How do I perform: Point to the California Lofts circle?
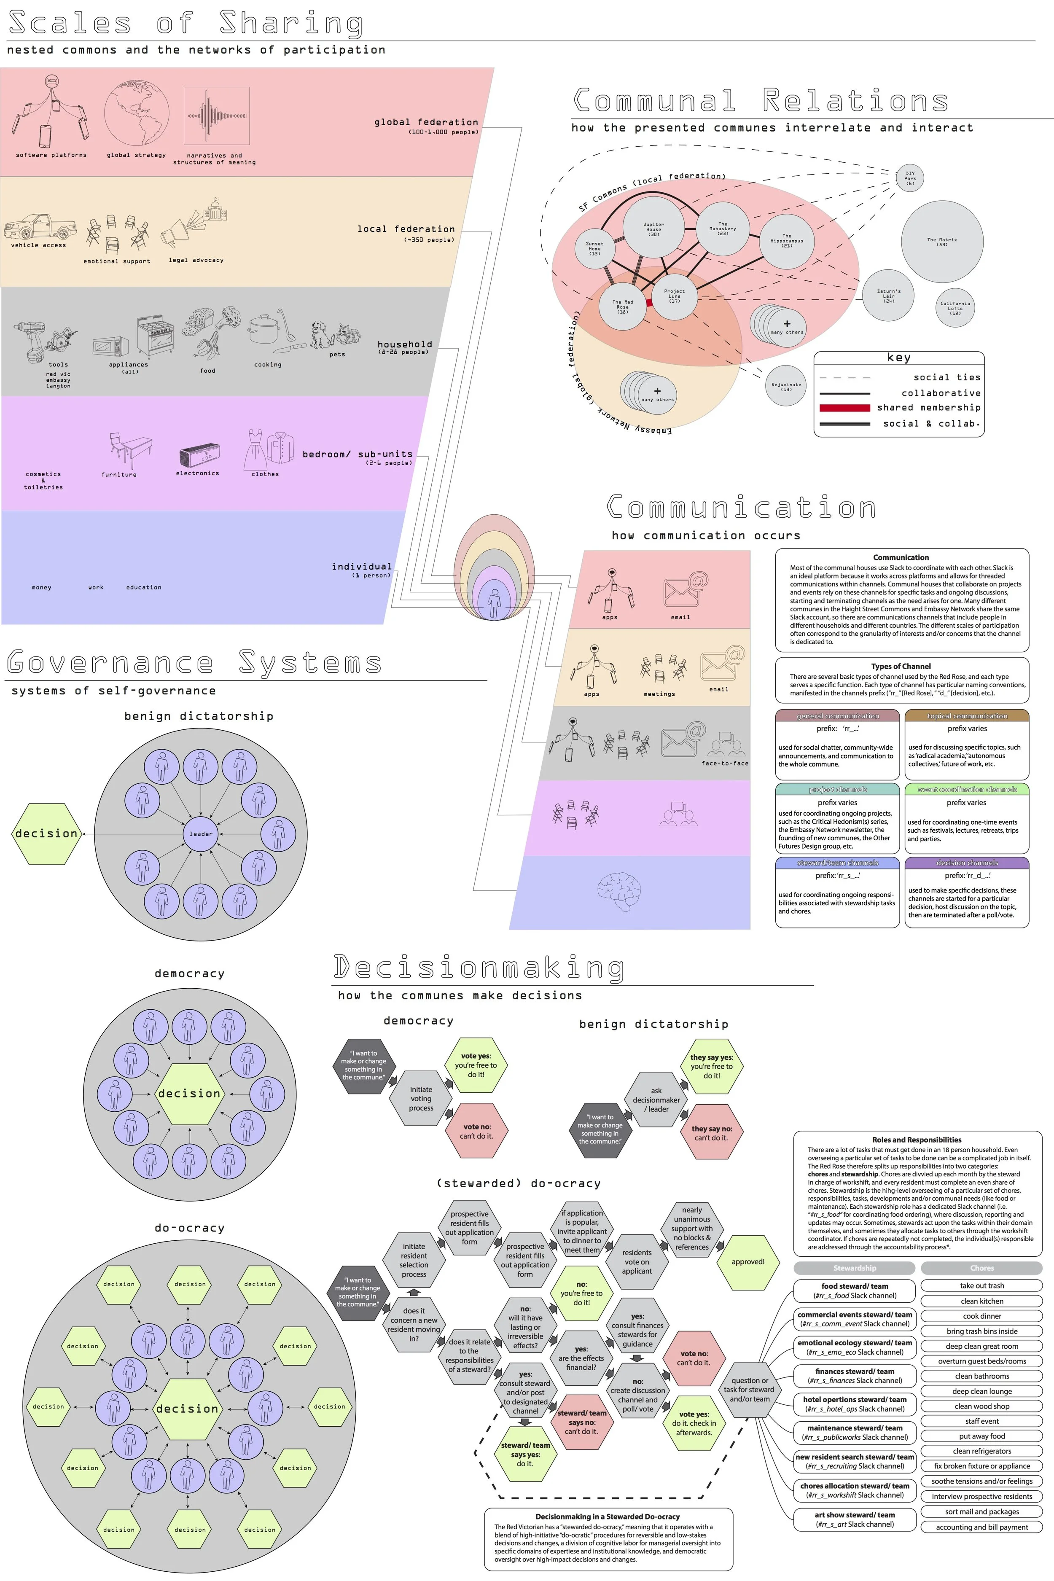955,308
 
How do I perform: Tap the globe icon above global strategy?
137,114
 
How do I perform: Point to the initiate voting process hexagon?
421,1098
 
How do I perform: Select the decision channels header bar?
967,863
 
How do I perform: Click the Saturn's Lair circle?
889,294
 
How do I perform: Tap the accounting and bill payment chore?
981,1527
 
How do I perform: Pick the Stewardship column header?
854,1268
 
